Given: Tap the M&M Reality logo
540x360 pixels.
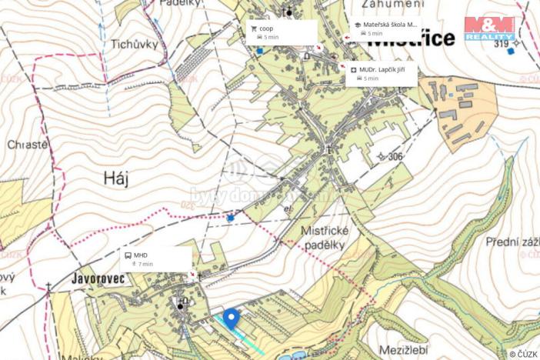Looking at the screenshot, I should pos(489,28).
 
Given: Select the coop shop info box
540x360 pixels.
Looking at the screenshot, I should pos(282,32).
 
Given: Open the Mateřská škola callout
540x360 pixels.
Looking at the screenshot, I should pos(386,28).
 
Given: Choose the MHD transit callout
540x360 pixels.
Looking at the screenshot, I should pos(156,258).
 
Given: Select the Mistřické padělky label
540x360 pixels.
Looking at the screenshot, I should pos(322,238).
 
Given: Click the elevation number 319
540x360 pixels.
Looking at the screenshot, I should pos(502,44).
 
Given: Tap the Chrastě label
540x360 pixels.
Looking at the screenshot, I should pos(27,144).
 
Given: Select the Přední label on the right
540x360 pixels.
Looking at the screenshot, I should pos(512,242).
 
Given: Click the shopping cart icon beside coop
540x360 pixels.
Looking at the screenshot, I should pos(253,28).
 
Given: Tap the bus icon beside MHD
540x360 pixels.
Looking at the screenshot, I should pos(128,255).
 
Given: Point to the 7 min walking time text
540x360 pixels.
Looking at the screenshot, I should pos(145,264).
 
